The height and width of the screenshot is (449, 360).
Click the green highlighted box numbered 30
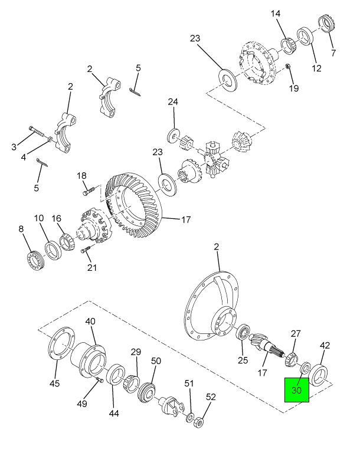(296, 390)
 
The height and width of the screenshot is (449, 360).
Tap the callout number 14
(276, 14)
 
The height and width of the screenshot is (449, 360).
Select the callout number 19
(293, 88)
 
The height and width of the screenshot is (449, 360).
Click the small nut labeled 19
(287, 67)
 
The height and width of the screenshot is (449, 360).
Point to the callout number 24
(173, 102)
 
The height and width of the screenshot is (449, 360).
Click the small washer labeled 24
(174, 135)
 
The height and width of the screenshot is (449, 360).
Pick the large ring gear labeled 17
(134, 205)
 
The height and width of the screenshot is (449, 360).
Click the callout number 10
(39, 218)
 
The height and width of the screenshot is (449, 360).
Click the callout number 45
(55, 383)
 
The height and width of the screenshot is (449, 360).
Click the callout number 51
(189, 383)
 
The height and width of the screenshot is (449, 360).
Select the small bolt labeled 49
(100, 379)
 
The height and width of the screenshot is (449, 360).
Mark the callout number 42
(325, 345)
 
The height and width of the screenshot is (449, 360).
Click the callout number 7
(333, 53)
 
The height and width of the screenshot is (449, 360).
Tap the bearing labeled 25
(244, 332)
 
